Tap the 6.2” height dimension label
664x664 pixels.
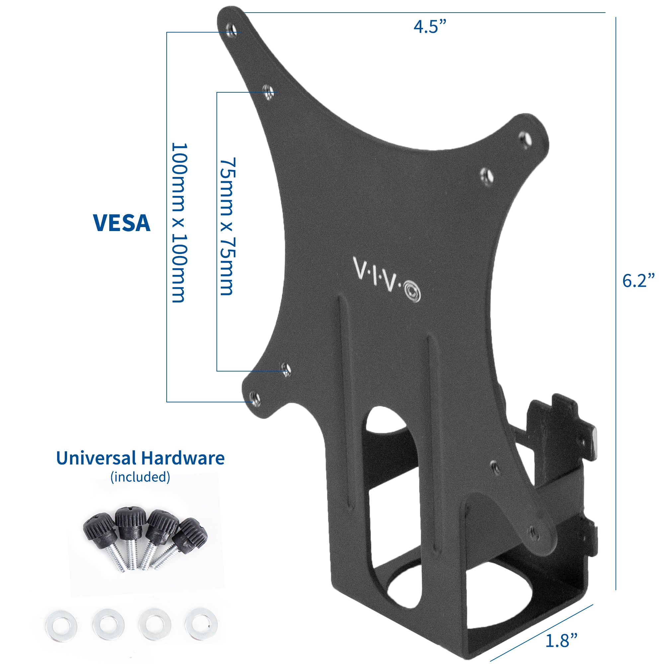[x=638, y=281]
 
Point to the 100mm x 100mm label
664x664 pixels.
[x=179, y=223]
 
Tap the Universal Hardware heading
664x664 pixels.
[x=140, y=458]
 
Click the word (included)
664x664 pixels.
[x=140, y=477]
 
